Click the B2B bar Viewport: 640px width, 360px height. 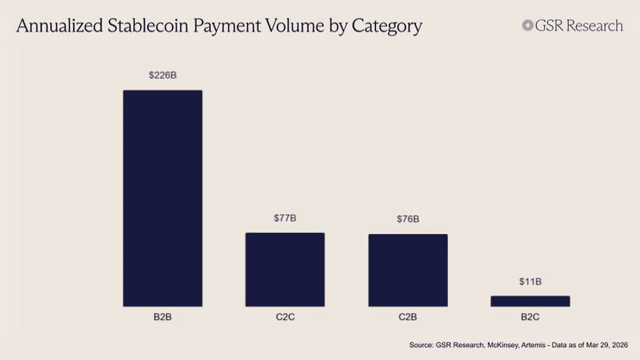click(x=163, y=198)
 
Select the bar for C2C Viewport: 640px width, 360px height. click(x=285, y=270)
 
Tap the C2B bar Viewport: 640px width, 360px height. click(x=407, y=270)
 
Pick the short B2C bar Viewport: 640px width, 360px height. click(x=530, y=301)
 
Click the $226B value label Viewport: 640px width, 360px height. click(x=163, y=75)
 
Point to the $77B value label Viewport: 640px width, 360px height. click(x=285, y=218)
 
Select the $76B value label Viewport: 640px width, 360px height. click(x=407, y=219)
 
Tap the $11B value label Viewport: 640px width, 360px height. click(x=530, y=282)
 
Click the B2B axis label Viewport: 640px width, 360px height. click(x=163, y=317)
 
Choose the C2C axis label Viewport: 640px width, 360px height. click(x=285, y=317)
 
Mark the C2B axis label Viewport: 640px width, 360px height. click(x=407, y=317)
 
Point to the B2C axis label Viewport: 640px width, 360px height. click(x=530, y=317)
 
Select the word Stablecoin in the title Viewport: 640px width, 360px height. click(x=144, y=27)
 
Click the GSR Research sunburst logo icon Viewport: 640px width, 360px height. click(x=528, y=26)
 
